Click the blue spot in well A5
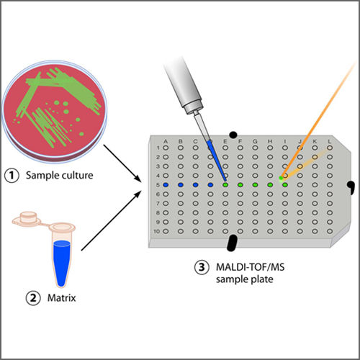point(166,185)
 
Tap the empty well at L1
point(330,148)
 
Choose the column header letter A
point(166,140)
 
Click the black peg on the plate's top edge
point(233,135)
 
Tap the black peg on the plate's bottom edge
point(233,243)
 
